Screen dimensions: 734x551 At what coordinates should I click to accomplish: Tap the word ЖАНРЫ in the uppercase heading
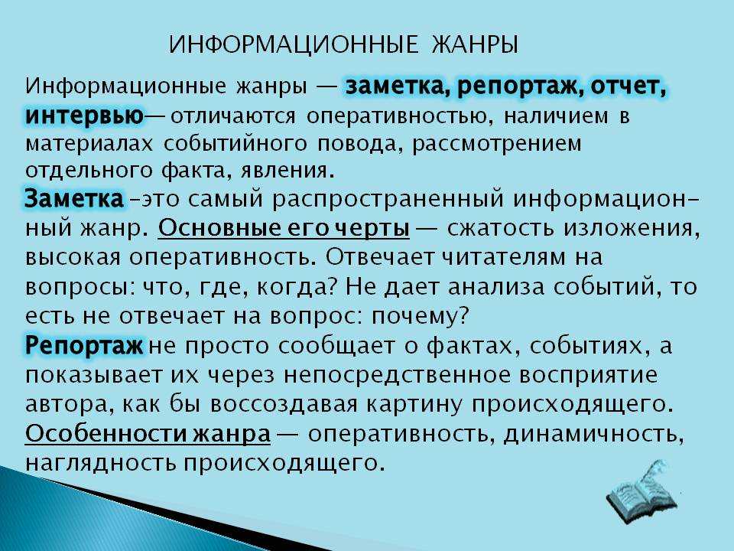click(x=474, y=45)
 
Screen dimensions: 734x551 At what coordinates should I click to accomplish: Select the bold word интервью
click(x=84, y=116)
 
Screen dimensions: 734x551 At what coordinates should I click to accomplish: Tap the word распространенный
click(x=388, y=200)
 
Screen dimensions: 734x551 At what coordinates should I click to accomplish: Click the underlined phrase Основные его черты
click(x=284, y=228)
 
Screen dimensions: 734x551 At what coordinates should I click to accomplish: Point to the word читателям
click(x=504, y=258)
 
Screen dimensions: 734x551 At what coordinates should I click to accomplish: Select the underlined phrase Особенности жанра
click(x=148, y=433)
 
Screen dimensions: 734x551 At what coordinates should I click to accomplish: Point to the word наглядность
click(x=101, y=463)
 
